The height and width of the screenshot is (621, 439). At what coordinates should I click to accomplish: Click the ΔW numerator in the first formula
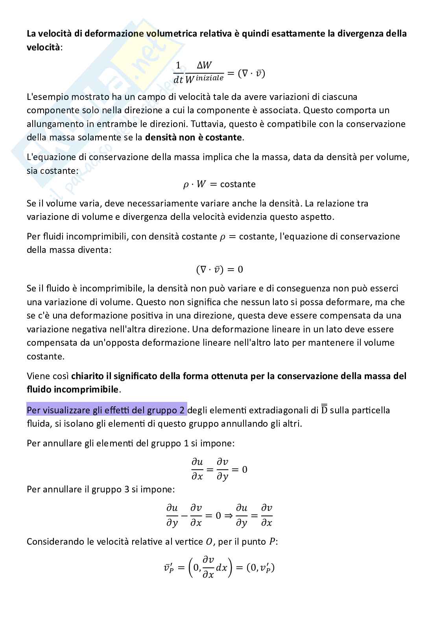204,66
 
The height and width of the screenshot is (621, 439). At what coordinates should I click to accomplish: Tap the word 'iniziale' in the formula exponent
210,78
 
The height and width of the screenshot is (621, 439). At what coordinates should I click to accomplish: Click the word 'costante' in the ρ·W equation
238,184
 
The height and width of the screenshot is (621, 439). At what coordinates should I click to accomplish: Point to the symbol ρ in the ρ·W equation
186,185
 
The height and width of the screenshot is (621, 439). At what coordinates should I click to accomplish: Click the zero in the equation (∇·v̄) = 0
240,270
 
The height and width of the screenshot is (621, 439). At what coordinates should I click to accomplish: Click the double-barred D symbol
324,410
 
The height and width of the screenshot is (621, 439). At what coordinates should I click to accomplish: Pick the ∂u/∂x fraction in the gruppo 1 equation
197,469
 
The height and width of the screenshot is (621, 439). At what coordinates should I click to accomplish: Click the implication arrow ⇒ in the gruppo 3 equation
229,515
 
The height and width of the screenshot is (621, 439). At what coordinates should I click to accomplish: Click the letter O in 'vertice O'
209,542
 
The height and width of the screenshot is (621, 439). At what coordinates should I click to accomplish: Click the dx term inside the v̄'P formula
222,568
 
